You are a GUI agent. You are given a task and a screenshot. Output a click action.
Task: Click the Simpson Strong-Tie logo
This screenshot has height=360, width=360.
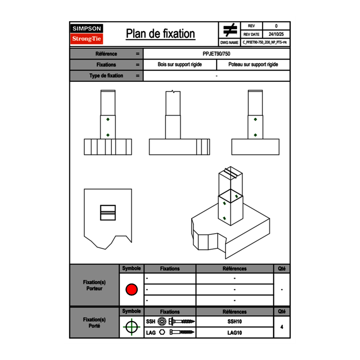click(x=87, y=34)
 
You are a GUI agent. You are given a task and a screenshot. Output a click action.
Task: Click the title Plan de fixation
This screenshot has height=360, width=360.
click(x=160, y=34)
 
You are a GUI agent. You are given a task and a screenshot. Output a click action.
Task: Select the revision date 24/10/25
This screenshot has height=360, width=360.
click(x=276, y=34)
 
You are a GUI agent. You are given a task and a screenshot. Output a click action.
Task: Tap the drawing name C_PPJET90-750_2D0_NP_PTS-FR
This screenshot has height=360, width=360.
click(x=265, y=42)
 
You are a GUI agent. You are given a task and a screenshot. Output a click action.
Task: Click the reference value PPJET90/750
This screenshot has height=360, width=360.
click(x=216, y=54)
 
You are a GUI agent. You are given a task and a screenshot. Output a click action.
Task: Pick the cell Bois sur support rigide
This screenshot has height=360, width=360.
click(x=180, y=65)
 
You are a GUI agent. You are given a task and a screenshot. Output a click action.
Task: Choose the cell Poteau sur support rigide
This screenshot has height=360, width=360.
click(x=253, y=65)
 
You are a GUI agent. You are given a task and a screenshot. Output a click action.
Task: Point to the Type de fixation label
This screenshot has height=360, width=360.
click(x=106, y=76)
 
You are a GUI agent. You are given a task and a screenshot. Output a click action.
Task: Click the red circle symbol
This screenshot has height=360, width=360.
click(x=131, y=289)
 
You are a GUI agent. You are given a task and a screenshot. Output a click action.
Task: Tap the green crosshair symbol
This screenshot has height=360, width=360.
click(x=131, y=327)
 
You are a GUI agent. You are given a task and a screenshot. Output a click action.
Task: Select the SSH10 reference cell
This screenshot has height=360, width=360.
click(x=234, y=322)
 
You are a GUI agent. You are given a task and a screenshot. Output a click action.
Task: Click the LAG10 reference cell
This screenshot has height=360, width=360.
click(x=234, y=333)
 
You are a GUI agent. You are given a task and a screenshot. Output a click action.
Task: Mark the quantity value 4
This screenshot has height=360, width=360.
click(x=281, y=327)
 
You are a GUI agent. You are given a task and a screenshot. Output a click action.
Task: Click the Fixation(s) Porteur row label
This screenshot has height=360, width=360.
click(x=94, y=286)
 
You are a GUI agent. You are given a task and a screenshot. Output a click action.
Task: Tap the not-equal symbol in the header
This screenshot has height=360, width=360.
click(x=230, y=30)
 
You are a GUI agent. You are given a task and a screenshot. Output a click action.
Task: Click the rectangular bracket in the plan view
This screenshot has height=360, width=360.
click(x=108, y=212)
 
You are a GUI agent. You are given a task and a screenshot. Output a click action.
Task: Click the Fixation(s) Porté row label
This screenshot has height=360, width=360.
click(x=94, y=323)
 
